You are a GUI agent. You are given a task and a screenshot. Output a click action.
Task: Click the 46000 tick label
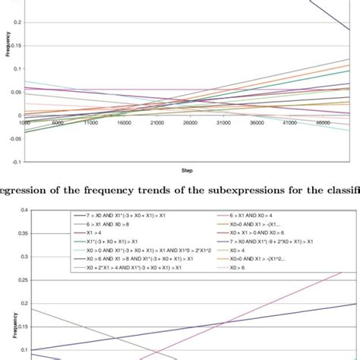click(323, 122)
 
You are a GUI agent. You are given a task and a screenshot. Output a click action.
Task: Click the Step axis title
click(185, 171)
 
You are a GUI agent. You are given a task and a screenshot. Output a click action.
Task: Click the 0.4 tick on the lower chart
click(24, 210)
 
